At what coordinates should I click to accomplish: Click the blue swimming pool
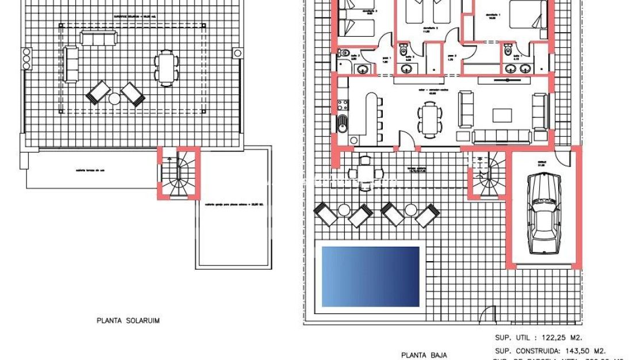370,277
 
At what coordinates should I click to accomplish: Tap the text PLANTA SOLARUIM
128,321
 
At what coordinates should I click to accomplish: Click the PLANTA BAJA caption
424,355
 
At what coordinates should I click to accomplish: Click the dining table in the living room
427,120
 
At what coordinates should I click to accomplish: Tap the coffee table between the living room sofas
502,115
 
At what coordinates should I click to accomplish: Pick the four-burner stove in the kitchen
343,105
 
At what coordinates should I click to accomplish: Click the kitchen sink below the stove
343,123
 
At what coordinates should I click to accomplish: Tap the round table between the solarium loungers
115,98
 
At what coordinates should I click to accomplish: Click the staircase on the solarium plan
178,174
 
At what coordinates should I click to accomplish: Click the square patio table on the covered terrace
364,172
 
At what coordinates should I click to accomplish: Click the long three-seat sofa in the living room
501,136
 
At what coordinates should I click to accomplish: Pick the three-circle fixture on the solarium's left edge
26,59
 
